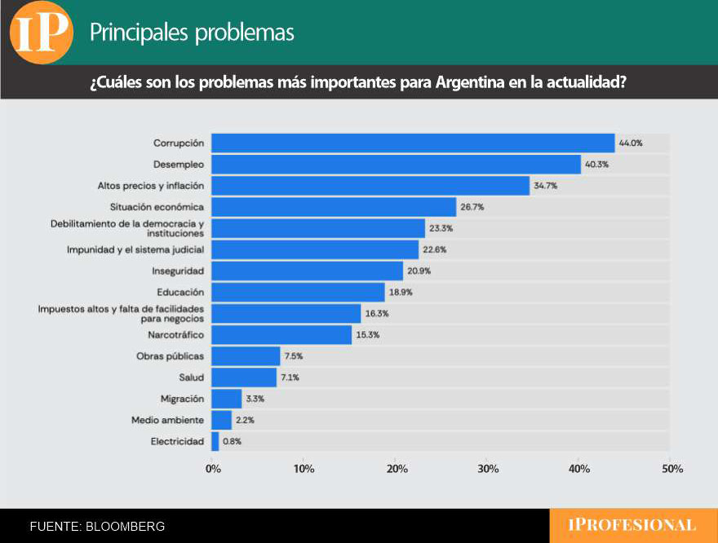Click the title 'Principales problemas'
point(192,33)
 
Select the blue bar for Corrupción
point(412,143)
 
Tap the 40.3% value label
point(596,164)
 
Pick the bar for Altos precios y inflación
point(370,186)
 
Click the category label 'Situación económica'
point(157,207)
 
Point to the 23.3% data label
point(441,228)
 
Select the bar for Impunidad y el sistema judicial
point(314,249)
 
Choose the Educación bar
point(298,292)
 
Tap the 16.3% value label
point(376,313)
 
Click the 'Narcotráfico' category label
point(175,334)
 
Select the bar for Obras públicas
point(246,356)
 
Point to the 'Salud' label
point(191,377)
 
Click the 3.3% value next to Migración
point(255,399)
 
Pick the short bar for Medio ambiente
point(221,420)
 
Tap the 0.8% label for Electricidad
point(232,441)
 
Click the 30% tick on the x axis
point(487,470)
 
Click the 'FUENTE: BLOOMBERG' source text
point(97,527)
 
